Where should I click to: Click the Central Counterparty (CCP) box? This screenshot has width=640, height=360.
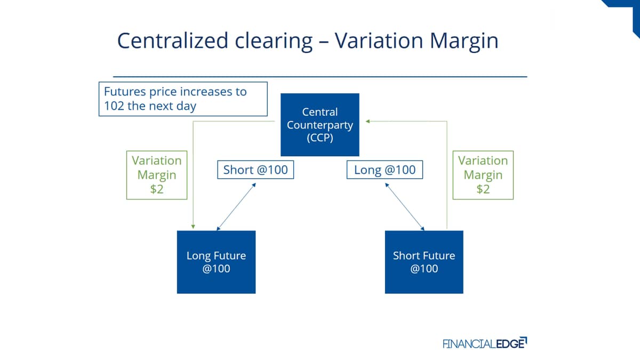[319, 125]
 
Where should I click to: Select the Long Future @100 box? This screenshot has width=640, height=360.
[217, 262]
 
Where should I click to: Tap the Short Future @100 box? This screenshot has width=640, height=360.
[424, 262]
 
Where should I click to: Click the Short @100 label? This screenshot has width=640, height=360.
[255, 170]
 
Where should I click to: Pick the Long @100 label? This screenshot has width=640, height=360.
[385, 170]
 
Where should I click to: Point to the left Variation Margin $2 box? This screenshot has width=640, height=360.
[157, 175]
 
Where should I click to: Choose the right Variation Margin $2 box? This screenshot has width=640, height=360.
[483, 175]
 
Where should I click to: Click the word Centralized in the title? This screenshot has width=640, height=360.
[173, 41]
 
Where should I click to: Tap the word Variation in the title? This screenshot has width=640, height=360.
[379, 41]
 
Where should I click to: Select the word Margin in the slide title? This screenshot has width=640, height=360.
[464, 42]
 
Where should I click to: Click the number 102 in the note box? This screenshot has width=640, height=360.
[114, 106]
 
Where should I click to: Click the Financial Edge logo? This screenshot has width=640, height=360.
[485, 343]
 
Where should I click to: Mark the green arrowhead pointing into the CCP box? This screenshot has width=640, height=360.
[367, 122]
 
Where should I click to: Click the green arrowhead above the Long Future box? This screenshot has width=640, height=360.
[193, 227]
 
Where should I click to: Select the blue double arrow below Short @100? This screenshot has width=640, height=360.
[236, 206]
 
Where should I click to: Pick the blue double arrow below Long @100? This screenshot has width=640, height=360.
[405, 206]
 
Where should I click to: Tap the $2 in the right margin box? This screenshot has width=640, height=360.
[483, 189]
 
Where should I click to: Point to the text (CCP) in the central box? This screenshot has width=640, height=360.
[319, 138]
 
